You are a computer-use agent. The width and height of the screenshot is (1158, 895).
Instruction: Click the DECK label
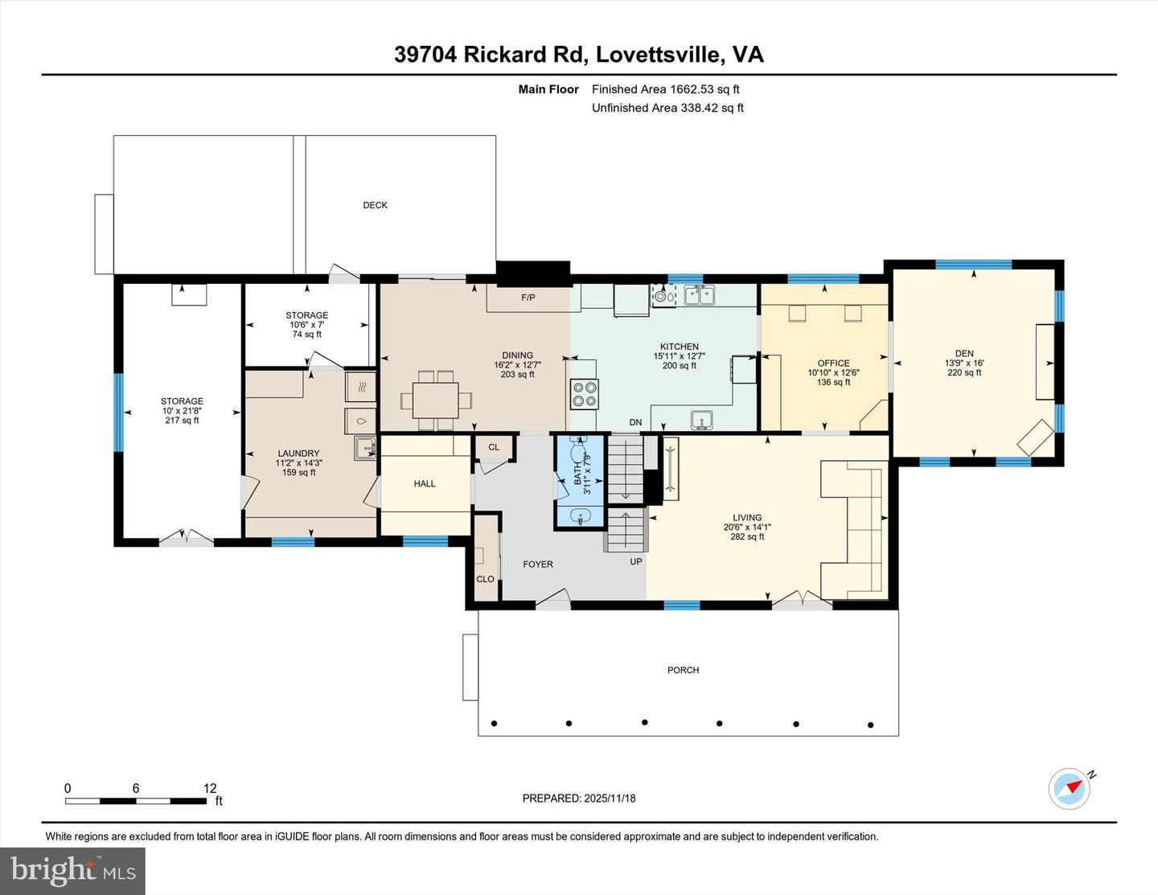[375, 205]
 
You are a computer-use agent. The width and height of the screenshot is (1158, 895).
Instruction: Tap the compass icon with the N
[1070, 788]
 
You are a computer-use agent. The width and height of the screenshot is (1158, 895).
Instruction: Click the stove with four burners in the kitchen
[584, 394]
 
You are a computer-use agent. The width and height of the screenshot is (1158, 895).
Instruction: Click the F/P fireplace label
[528, 298]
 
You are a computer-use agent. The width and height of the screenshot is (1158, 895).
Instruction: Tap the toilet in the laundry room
[359, 420]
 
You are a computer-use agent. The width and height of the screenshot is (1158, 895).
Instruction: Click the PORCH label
[683, 670]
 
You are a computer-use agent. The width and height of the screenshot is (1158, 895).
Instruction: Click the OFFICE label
[833, 363]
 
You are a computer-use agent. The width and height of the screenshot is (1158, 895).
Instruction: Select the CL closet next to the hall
[493, 447]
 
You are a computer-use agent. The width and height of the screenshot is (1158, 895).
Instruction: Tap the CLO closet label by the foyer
[485, 579]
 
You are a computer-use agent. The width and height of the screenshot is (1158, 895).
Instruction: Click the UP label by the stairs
[636, 561]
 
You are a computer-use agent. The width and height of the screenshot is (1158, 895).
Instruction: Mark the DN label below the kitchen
[635, 422]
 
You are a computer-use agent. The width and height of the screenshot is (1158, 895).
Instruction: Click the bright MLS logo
[72, 870]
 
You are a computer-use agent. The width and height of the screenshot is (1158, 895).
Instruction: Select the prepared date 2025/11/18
[579, 799]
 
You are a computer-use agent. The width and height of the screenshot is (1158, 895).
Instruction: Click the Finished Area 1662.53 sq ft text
[665, 89]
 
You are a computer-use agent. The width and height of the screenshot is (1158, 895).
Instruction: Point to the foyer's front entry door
[553, 599]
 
